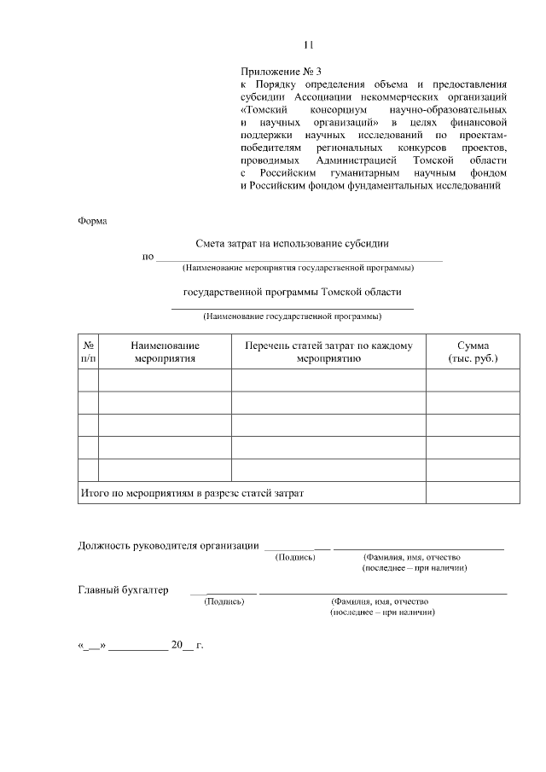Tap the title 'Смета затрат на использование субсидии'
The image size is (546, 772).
(293, 242)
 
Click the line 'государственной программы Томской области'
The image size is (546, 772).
(293, 292)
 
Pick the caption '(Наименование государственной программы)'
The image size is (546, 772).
(292, 316)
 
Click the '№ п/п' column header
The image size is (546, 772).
(88, 352)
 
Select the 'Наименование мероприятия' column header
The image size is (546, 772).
(165, 352)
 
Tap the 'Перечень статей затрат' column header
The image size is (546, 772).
(328, 352)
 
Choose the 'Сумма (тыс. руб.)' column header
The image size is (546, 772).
(472, 352)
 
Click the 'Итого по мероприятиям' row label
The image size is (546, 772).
(192, 493)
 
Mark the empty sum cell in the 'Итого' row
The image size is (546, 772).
(472, 493)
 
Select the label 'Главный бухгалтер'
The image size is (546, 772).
(123, 589)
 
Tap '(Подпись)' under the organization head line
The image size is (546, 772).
(294, 557)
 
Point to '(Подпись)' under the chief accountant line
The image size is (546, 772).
(224, 601)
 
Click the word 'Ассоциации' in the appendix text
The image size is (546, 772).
(329, 97)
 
